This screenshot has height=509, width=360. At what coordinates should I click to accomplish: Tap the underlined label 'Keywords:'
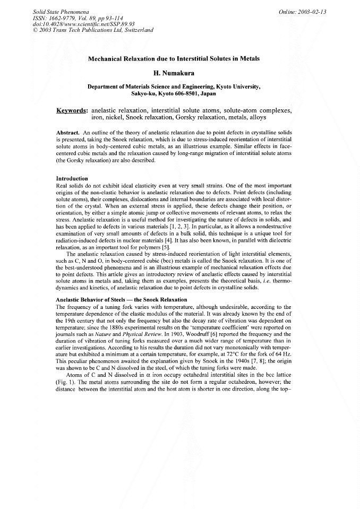pyautogui.click(x=72, y=110)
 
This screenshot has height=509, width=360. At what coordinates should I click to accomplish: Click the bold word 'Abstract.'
pyautogui.click(x=68, y=131)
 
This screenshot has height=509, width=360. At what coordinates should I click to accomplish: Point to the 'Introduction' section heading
pyautogui.click(x=72, y=178)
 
